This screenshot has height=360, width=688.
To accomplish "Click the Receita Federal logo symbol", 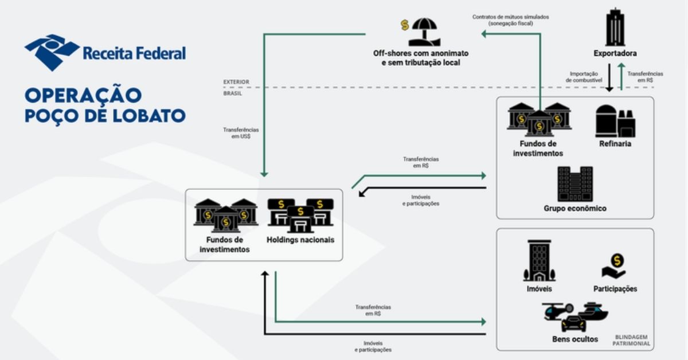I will click(52, 52).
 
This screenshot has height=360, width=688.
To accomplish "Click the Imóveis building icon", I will click(538, 261).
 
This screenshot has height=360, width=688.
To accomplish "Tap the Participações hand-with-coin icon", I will click(615, 267).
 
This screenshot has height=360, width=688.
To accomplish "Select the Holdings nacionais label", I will click(300, 240).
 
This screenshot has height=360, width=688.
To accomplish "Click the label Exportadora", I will click(615, 54).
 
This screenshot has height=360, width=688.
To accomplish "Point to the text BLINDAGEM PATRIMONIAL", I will click(632, 341).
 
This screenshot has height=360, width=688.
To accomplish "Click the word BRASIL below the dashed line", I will click(233, 93).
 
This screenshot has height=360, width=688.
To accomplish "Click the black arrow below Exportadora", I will click(610, 80).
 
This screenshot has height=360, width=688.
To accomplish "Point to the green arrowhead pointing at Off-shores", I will click(484, 35).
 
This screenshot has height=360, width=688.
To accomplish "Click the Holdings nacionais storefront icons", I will click(300, 215).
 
